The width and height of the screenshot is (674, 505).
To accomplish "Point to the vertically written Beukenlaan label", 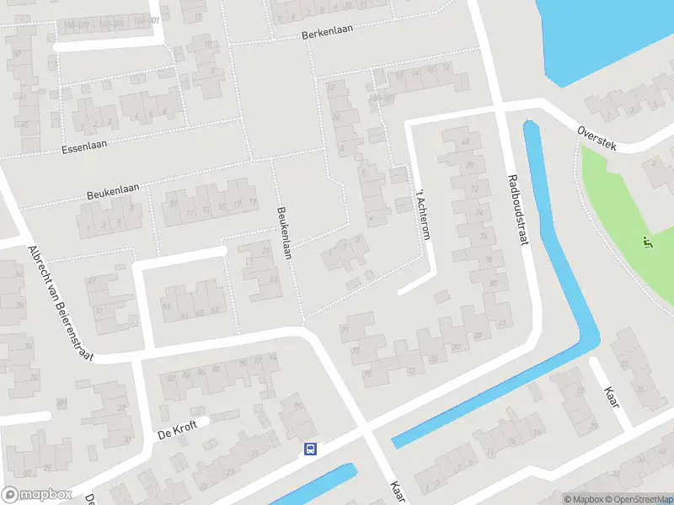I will [x=284, y=233].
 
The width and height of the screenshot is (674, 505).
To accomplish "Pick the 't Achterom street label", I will [x=422, y=215].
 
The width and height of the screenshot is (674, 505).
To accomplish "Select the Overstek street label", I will [x=597, y=139].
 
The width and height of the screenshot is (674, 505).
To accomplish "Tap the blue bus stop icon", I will [x=310, y=449].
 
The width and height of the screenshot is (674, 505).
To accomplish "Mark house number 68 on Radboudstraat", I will [x=464, y=141].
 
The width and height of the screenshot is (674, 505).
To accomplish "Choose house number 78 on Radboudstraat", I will [x=484, y=237].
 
